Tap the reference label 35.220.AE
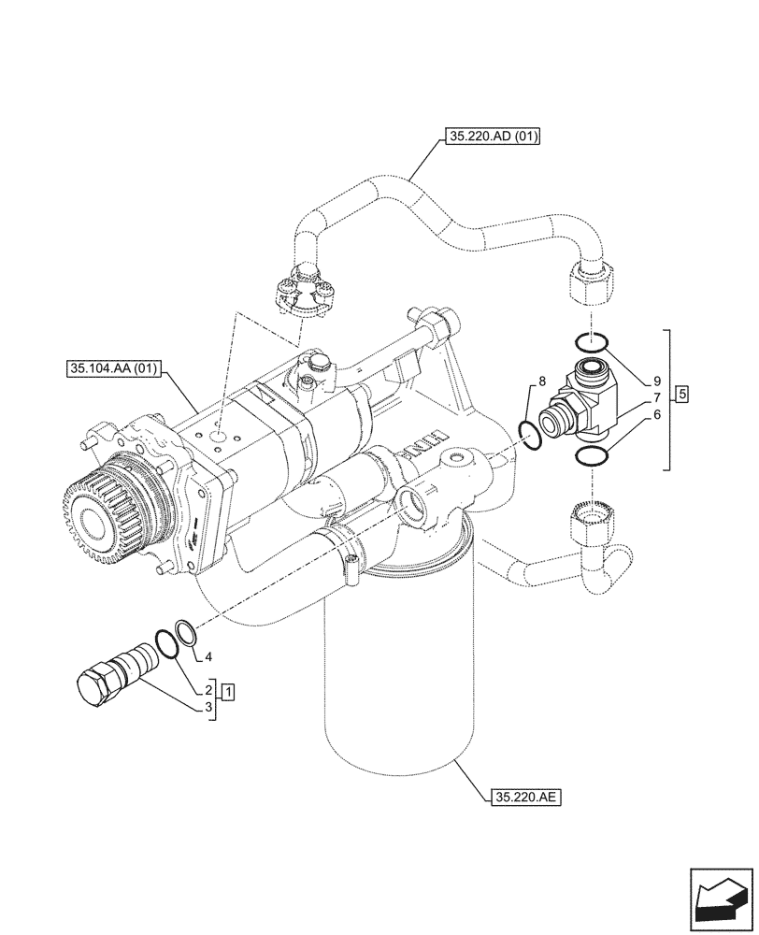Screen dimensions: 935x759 coord(523,798)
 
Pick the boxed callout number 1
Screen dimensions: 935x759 coord(228,693)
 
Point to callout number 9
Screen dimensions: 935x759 coord(657,381)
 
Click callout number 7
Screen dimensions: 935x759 coord(657,397)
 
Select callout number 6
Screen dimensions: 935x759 coord(657,414)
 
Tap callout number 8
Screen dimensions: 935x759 coord(541,382)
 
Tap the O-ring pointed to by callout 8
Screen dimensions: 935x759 coord(531,434)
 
